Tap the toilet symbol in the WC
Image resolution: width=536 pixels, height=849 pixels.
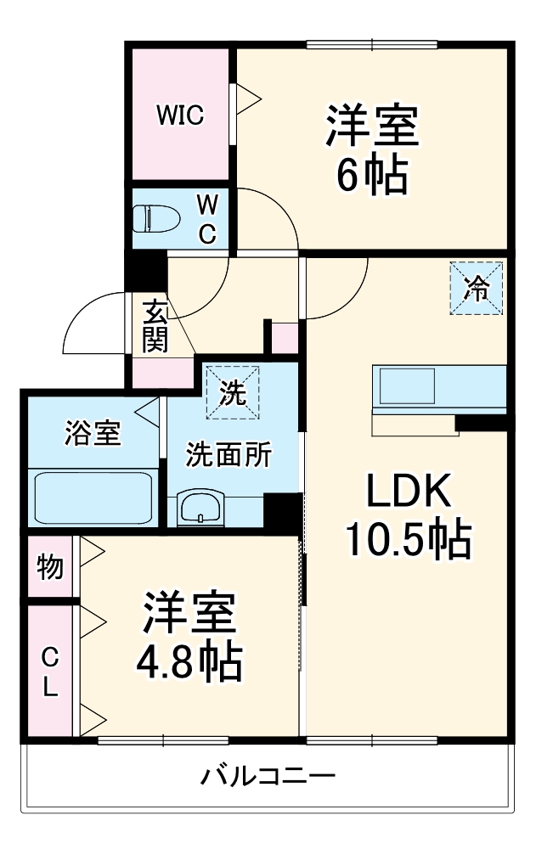point(158,217)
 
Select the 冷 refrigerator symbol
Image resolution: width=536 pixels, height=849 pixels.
point(477,289)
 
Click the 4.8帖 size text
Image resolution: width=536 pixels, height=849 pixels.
point(189,663)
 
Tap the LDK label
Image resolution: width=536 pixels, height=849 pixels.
point(407,492)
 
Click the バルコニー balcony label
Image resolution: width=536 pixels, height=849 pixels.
point(268,776)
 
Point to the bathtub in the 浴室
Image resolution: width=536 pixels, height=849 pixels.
point(93,497)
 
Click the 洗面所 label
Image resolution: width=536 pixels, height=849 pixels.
point(229,455)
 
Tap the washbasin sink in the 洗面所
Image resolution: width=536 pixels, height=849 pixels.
point(200,509)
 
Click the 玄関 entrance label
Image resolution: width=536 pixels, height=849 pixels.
point(155,327)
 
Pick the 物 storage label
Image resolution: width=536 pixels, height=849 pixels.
point(50,567)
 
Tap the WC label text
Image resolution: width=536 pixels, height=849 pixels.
point(208,219)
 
